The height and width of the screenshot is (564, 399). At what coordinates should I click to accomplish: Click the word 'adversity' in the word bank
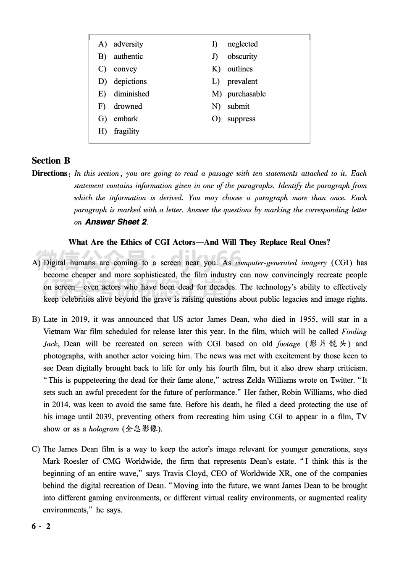128,44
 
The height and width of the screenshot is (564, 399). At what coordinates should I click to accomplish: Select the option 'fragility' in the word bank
126,131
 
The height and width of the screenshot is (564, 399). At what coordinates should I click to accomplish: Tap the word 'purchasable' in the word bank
246,94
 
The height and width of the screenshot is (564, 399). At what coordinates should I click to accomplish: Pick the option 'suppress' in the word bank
241,119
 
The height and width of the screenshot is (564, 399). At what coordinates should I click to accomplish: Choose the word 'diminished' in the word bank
131,94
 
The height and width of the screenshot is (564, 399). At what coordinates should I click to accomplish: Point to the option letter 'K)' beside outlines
216,69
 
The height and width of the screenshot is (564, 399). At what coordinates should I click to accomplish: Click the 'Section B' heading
51,161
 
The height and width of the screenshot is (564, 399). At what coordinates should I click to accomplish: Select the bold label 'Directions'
50,173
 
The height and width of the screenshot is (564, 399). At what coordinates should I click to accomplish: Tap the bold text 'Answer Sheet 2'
116,222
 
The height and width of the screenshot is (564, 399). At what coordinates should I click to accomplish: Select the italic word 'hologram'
104,429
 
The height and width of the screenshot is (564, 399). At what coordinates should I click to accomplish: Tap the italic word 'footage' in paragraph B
288,344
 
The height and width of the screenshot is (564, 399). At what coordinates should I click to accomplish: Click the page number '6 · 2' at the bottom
41,527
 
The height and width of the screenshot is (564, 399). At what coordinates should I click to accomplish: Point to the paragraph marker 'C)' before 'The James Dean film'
36,449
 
